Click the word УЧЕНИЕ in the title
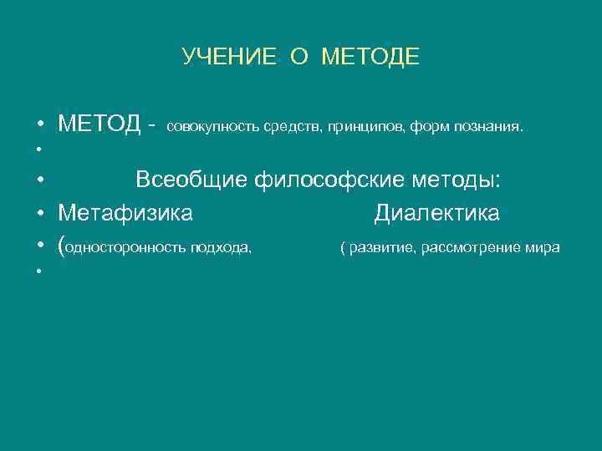(228, 57)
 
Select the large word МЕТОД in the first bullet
(99, 125)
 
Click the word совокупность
(213, 128)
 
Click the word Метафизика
(125, 214)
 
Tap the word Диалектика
(436, 214)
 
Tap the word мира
(543, 248)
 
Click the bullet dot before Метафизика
(40, 215)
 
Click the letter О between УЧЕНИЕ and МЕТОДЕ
(298, 57)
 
